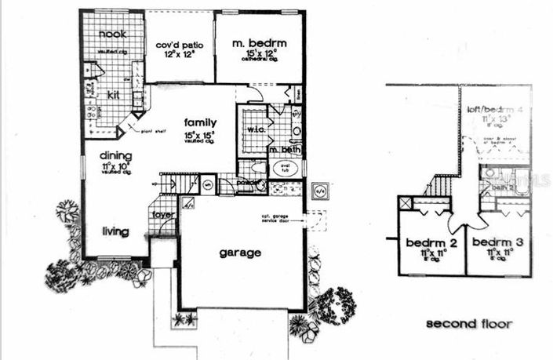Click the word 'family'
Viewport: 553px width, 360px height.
[x=201, y=122]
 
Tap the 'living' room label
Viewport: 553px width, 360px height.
[x=115, y=231]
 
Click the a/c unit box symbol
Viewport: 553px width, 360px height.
[x=320, y=190]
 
